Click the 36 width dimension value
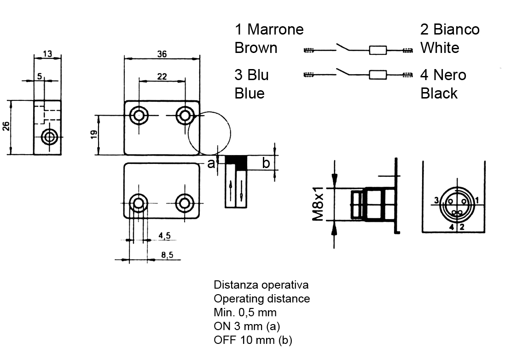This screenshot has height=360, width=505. coord(162,54)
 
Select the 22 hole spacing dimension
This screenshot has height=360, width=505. coord(162,76)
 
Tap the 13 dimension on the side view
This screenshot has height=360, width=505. coord(47,54)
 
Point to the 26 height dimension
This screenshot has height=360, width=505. coord(6,126)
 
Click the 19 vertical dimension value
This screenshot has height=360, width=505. coord(94,134)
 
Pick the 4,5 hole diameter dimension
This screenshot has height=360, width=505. coord(165,236)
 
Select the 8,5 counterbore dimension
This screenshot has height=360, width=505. coord(167,255)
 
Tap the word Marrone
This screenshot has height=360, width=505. coord(275,29)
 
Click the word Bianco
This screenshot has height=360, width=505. coord(456,29)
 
